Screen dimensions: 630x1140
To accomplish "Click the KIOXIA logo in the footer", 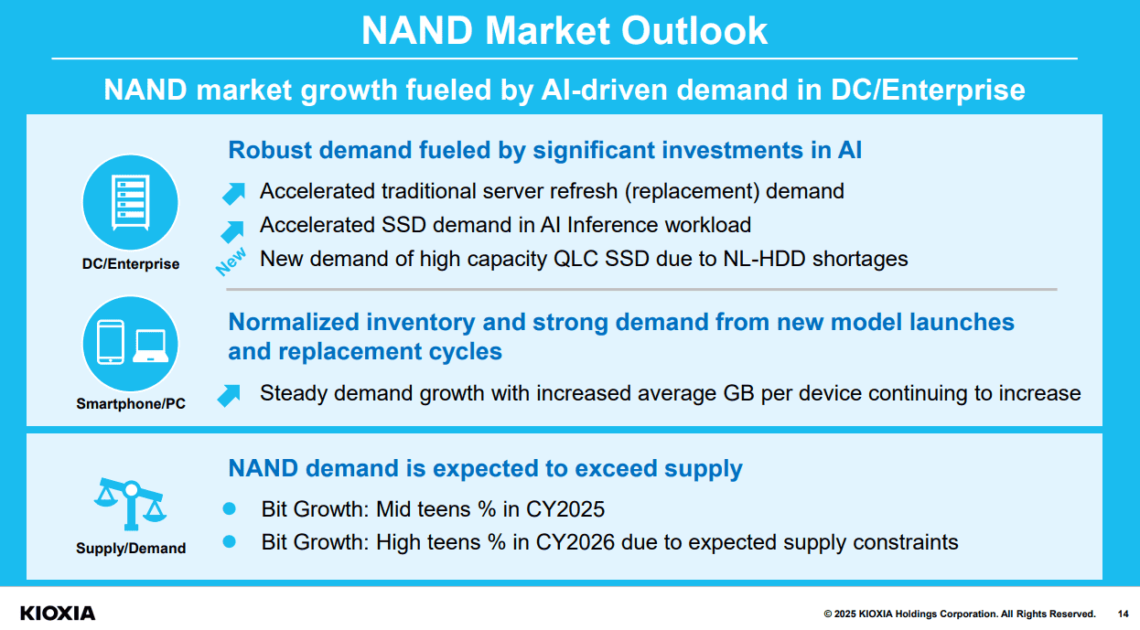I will pos(57,613).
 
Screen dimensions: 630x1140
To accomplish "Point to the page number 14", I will pos(1123,614).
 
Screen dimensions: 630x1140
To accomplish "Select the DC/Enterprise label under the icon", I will pos(130,264).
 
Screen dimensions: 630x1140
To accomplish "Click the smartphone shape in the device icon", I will pos(111,343).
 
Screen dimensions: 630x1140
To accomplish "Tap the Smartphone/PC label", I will pos(131,403).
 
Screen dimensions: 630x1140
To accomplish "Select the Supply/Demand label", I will pos(131,549).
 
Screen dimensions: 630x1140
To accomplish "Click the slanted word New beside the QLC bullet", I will pos(231,262).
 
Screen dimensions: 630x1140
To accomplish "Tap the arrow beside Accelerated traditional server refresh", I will pos(234,192).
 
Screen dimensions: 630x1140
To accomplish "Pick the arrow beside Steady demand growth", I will pos(229,395).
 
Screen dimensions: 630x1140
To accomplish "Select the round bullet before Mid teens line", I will pos(230,507).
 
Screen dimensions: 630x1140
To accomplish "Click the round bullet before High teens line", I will pos(230,541).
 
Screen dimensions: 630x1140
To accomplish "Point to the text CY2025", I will pos(569,509).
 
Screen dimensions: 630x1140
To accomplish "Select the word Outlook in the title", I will pos(696,30).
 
